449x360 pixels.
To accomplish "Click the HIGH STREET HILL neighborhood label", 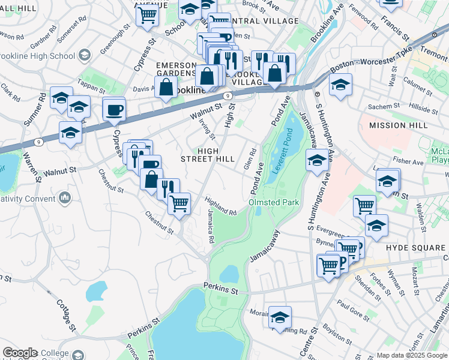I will click(x=208, y=154).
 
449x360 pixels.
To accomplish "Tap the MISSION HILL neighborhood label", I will click(x=399, y=125).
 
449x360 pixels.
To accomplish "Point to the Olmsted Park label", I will click(x=274, y=203).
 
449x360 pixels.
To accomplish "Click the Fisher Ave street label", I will click(x=409, y=161).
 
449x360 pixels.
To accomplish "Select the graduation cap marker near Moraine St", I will click(x=280, y=318).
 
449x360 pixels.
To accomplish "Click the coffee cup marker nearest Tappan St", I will click(x=114, y=110).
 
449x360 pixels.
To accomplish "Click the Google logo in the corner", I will click(x=20, y=353).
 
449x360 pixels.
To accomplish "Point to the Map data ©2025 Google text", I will click(x=411, y=355).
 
